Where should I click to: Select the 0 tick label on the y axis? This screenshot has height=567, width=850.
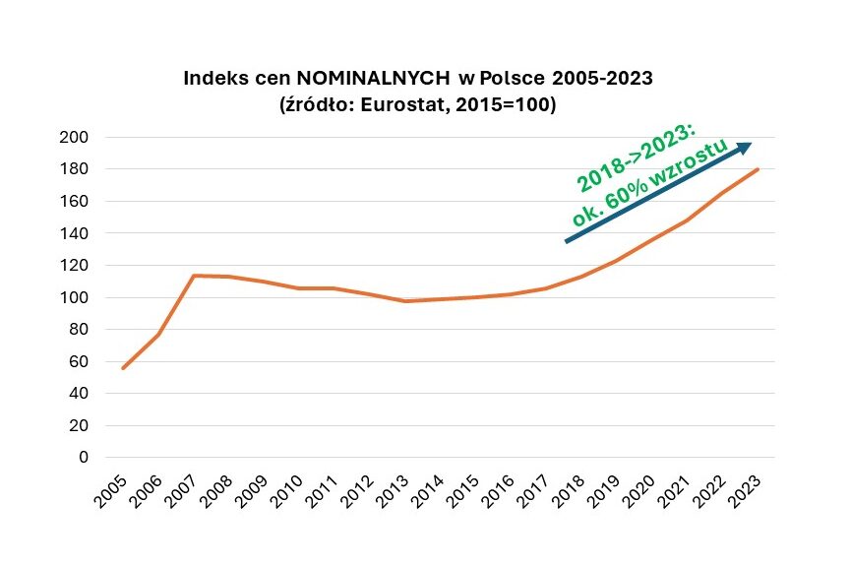point(83,458)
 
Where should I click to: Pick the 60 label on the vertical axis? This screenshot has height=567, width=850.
point(78,361)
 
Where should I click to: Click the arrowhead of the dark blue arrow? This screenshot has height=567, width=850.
point(744,147)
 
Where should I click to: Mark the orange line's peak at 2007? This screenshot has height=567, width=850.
point(195,276)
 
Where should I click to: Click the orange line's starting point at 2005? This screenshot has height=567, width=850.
point(123,368)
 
